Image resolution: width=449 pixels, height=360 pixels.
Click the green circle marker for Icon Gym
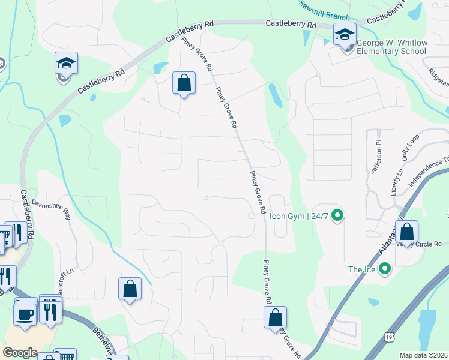[337, 214]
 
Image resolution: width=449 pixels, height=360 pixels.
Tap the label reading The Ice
[362, 269]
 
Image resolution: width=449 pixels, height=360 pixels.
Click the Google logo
[20, 353]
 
